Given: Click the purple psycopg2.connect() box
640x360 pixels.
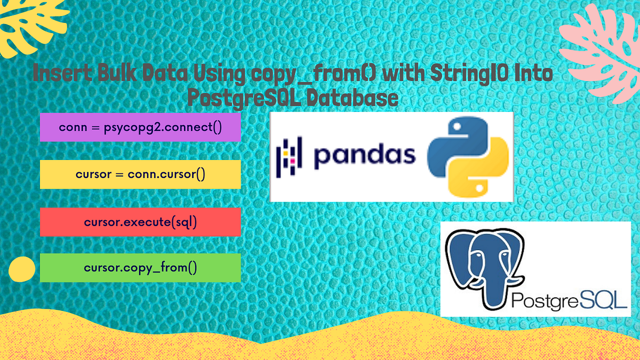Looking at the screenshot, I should pyautogui.click(x=140, y=127).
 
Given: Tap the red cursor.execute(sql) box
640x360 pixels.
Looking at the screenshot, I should pyautogui.click(x=140, y=221).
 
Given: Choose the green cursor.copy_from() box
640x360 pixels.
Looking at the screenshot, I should pyautogui.click(x=140, y=268).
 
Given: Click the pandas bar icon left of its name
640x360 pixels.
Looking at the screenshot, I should pyautogui.click(x=289, y=155).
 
